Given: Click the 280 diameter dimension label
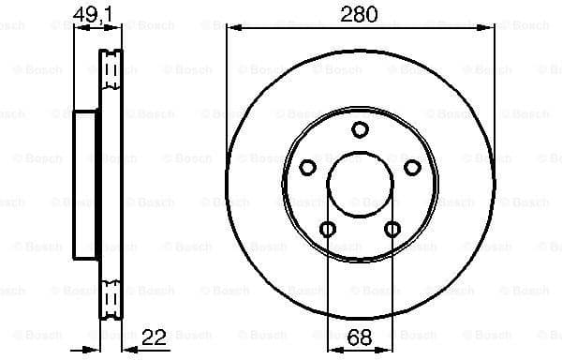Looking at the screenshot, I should coord(360,14).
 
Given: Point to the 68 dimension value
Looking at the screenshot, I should coord(360,335).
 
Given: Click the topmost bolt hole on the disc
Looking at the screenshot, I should coord(360,130).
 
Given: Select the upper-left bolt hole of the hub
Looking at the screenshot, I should coord(307,168).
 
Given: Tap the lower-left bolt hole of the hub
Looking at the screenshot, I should coord(327,229).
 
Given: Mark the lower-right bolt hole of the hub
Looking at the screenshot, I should coord(392,229).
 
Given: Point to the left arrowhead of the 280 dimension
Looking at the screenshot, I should coord(230,28).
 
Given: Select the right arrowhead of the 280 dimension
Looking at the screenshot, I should coord(490,28).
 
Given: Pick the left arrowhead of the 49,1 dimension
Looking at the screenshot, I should coord(77,28).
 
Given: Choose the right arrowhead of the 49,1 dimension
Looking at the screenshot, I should coord(118,28).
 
